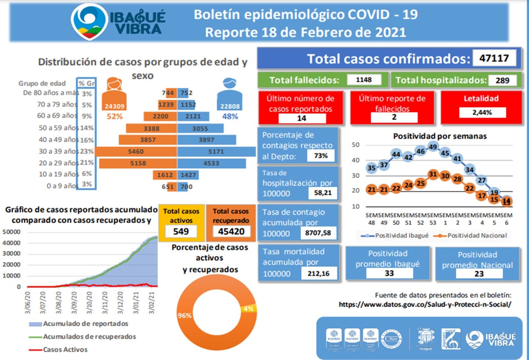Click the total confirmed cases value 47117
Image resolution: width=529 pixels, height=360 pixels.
[x=494, y=58]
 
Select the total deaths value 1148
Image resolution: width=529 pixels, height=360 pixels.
[x=363, y=80]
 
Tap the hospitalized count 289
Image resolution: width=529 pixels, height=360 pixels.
[x=502, y=80]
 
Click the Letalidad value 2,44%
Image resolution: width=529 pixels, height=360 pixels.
[x=482, y=112]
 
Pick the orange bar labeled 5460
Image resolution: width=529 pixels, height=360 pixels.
[x=136, y=151]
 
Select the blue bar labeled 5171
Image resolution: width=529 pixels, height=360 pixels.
[x=216, y=151]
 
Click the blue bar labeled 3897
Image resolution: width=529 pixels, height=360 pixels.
[x=206, y=140]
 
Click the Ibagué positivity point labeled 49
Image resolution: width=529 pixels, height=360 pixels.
[x=433, y=147]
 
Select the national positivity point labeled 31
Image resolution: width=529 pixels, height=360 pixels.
[x=433, y=174]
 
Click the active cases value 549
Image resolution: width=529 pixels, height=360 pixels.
[x=181, y=231]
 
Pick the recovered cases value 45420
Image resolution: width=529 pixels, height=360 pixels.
[x=231, y=231]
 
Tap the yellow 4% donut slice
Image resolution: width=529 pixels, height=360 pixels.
[x=248, y=309]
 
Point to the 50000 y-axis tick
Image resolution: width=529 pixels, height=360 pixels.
[x=11, y=232]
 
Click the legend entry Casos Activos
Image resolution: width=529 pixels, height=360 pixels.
[x=65, y=349]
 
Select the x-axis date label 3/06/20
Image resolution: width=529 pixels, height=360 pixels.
[x=28, y=303]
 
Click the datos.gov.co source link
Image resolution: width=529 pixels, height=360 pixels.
[x=425, y=304]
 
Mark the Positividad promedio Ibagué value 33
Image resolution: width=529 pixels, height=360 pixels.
[x=389, y=273]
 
